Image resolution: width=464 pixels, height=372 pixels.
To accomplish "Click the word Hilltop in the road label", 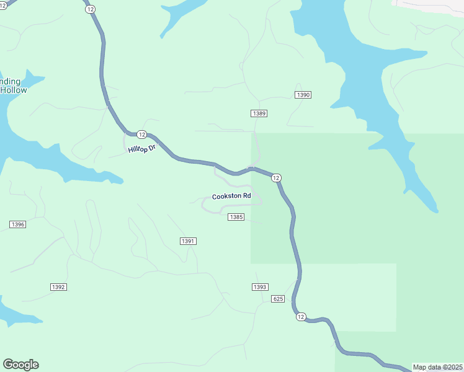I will [x=140, y=149].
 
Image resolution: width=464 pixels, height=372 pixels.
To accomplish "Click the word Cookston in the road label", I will [x=226, y=196].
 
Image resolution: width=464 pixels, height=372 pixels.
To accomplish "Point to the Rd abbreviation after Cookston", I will [x=246, y=196].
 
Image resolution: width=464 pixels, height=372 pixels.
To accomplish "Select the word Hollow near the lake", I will [x=14, y=90].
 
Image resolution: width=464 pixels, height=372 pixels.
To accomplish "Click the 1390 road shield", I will [x=303, y=95].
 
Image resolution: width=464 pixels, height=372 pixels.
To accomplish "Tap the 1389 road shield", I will [x=259, y=113].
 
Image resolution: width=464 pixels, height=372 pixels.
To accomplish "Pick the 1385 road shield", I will [x=236, y=217].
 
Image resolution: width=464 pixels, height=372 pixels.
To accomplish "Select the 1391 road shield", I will [x=189, y=241].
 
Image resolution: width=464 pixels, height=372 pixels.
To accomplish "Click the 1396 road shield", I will [x=17, y=224].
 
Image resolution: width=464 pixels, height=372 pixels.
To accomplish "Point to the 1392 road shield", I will [x=58, y=287].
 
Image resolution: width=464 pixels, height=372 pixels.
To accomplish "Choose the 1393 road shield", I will [x=260, y=287].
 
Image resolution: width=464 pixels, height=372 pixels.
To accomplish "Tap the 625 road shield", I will [x=278, y=299].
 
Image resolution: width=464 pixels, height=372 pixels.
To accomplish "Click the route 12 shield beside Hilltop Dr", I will [x=141, y=135].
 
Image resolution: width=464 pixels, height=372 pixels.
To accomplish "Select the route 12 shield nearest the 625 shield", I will [x=300, y=317].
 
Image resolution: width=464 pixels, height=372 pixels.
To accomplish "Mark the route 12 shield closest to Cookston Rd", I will [x=276, y=178].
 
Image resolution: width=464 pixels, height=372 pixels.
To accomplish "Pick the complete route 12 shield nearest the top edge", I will [x=91, y=9].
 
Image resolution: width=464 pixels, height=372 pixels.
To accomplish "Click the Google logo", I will [x=20, y=365].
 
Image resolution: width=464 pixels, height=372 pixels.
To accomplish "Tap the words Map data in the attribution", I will [x=427, y=367].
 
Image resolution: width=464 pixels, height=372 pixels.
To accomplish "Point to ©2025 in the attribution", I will [x=452, y=367].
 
